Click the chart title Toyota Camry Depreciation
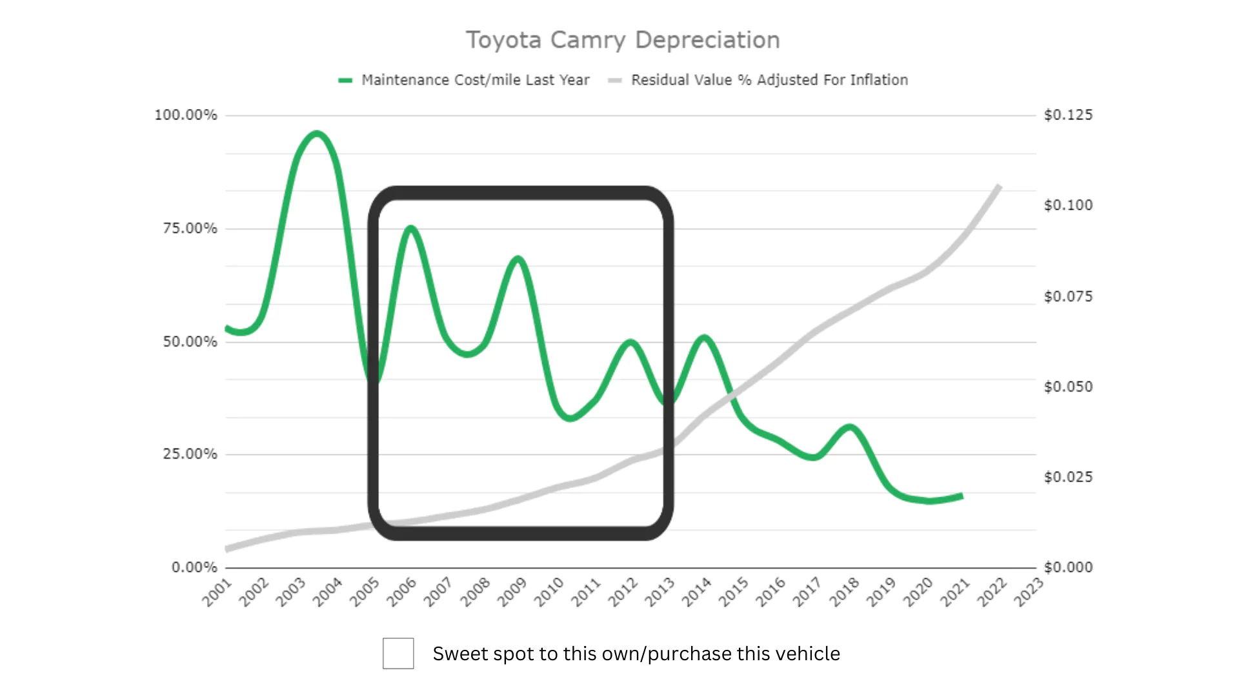pyautogui.click(x=623, y=40)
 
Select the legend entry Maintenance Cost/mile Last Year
pyautogui.click(x=475, y=80)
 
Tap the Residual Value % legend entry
pyautogui.click(x=769, y=80)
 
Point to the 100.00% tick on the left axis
pyautogui.click(x=186, y=115)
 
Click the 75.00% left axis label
pyautogui.click(x=190, y=228)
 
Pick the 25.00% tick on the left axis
pyautogui.click(x=190, y=454)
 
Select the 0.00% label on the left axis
pyautogui.click(x=194, y=567)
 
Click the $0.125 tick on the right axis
pyautogui.click(x=1069, y=115)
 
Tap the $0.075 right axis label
pyautogui.click(x=1069, y=296)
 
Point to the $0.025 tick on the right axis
pyautogui.click(x=1069, y=477)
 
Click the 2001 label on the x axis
pyautogui.click(x=217, y=592)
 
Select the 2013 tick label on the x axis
pyautogui.click(x=660, y=592)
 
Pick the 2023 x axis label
pyautogui.click(x=1029, y=592)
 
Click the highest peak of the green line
pyautogui.click(x=316, y=134)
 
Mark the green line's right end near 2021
pyautogui.click(x=962, y=496)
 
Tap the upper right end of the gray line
pyautogui.click(x=999, y=187)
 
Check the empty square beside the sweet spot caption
pyautogui.click(x=398, y=653)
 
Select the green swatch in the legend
pyautogui.click(x=345, y=81)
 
